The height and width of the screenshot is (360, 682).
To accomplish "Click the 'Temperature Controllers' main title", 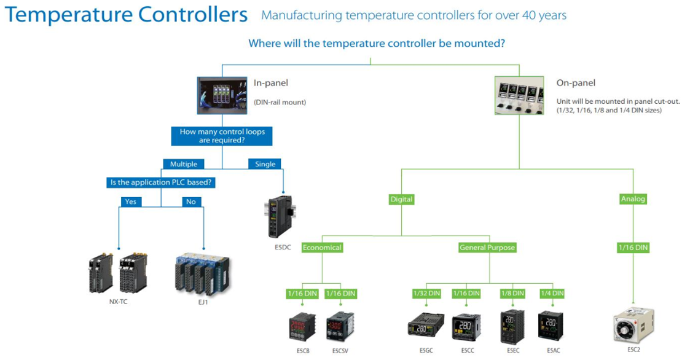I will (x=126, y=15).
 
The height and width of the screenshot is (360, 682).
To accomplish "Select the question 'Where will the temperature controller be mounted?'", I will (x=377, y=44).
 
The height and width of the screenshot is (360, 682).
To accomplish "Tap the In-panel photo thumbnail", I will (x=221, y=95).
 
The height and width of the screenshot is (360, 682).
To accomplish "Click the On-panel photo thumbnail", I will (x=519, y=96).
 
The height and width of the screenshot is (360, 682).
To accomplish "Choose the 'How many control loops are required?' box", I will (x=221, y=136).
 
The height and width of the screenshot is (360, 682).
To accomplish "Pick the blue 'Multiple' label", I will (x=184, y=164).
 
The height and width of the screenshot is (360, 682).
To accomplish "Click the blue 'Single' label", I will (x=265, y=164).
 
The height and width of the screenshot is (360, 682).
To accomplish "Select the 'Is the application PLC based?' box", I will (x=161, y=182).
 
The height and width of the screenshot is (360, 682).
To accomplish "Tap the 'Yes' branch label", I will (x=130, y=202).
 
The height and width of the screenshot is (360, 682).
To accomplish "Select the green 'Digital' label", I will (x=401, y=199).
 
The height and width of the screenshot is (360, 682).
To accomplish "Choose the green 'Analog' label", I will (x=633, y=199).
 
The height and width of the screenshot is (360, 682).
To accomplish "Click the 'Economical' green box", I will (x=322, y=248).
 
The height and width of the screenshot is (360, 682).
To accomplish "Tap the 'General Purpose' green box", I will (x=487, y=248).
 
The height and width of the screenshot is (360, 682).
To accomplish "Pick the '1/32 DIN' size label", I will (x=426, y=294).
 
